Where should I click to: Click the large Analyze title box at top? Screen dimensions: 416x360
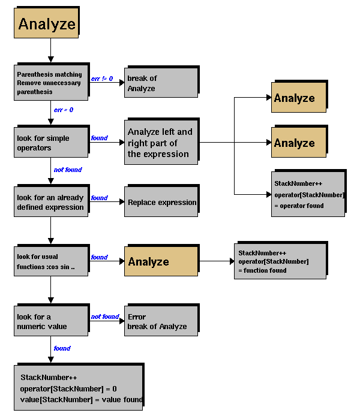coord(47,24)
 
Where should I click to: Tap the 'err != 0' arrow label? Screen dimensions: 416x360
coord(102,79)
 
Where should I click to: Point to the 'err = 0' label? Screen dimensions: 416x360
coord(64,110)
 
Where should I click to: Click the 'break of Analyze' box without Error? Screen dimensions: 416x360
coord(160,83)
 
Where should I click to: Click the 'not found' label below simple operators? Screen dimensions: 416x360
coord(68,170)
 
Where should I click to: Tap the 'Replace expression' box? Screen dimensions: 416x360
coord(161,202)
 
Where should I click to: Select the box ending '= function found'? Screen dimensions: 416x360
coord(279,261)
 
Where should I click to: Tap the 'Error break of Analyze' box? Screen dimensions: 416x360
coord(160,321)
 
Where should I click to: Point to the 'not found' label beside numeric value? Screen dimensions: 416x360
coord(105,316)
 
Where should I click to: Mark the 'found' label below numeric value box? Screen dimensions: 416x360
coord(62,348)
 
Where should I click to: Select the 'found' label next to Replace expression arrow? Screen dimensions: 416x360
coord(99,198)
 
